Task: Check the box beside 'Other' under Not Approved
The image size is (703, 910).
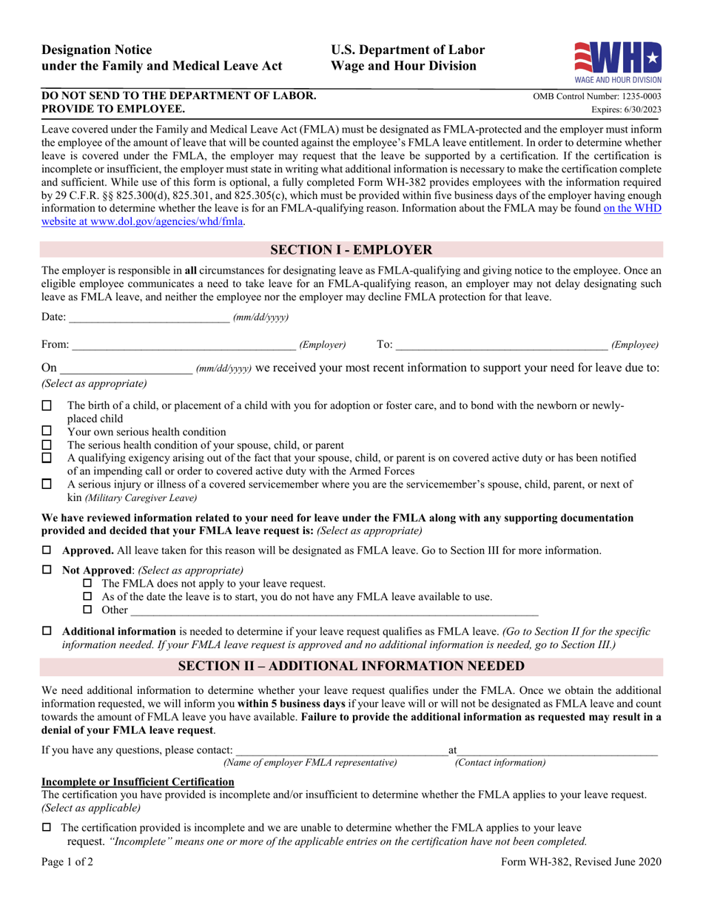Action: (87, 610)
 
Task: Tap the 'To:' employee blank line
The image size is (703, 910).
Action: (502, 345)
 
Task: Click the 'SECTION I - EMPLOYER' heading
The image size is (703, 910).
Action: (351, 249)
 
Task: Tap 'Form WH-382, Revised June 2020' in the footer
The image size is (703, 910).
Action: (581, 861)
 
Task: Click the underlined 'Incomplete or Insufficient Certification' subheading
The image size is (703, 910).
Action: (138, 782)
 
